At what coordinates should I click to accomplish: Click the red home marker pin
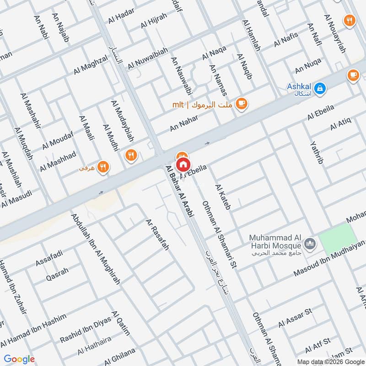pos(183,164)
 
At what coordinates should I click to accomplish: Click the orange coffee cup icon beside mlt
pos(242,104)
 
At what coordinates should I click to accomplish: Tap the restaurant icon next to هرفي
pos(104,168)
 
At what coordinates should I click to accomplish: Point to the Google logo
pos(19,359)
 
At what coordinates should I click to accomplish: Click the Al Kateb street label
pos(223,197)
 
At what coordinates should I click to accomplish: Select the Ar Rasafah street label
pos(157,235)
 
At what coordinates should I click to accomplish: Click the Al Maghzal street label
pos(91,65)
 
